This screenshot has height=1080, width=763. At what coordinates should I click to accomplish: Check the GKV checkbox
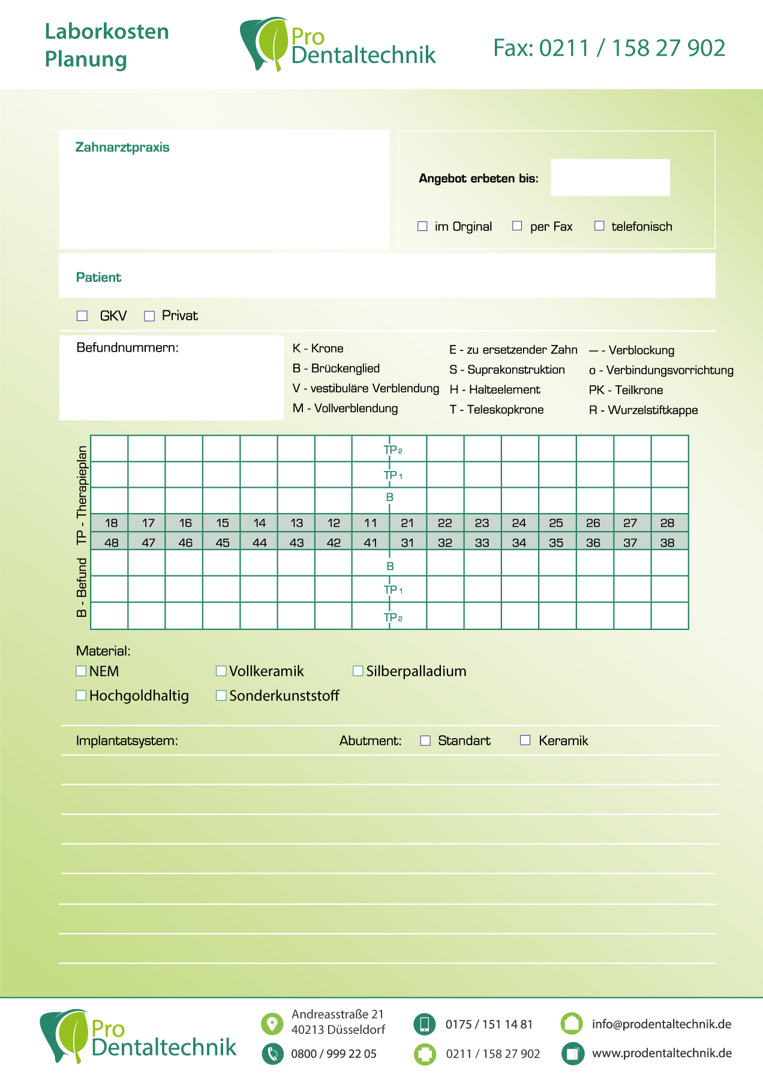point(82,316)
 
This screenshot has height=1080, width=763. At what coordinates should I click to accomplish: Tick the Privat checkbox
point(149,316)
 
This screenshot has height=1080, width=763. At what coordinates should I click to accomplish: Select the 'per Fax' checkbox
point(517,226)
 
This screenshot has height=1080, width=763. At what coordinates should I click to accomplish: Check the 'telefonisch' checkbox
point(599,226)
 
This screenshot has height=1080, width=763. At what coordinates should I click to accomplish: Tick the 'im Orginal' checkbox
point(422,226)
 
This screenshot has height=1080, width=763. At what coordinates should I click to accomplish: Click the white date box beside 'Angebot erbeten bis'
point(610,178)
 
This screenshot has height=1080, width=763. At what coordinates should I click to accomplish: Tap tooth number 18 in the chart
point(112,523)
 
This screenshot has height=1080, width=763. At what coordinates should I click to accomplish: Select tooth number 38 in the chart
point(667,543)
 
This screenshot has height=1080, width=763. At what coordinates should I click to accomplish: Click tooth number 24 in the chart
point(519,523)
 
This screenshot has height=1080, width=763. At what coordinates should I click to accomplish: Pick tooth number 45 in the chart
point(223,543)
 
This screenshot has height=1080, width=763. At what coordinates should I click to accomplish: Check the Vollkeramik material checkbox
point(221,671)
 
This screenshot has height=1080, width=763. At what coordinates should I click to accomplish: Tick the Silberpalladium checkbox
point(358,671)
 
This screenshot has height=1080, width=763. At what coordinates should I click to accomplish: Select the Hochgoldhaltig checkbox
point(81,695)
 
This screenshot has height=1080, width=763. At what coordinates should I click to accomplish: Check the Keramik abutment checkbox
point(525,740)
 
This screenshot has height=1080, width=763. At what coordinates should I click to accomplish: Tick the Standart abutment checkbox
point(425,740)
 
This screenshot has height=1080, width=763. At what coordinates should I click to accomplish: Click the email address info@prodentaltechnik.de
point(661,1024)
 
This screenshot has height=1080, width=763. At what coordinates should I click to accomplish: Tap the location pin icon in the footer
point(272,1024)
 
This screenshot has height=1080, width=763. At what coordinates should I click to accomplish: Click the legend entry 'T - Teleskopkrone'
point(497,410)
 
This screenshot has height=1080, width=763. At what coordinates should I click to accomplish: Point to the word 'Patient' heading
point(98,277)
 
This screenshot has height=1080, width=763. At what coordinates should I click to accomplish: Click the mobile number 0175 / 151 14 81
point(489,1024)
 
